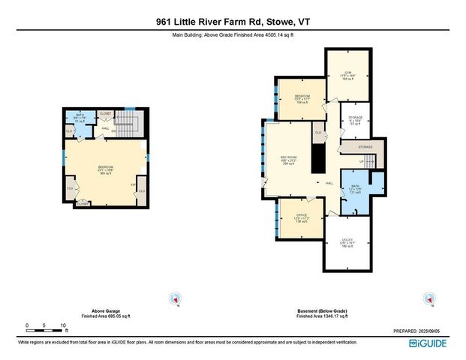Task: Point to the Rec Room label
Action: (290, 160)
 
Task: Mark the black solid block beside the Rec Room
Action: (317, 158)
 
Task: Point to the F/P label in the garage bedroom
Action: (133, 184)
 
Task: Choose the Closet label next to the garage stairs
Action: (105, 113)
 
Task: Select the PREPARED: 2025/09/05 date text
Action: (419, 331)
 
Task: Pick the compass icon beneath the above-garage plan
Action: (176, 298)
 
